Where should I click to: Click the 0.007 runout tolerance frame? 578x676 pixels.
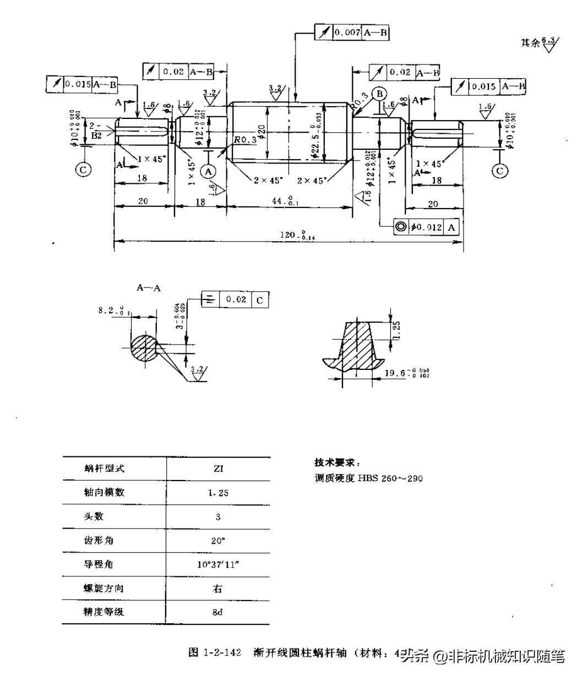coord(352,32)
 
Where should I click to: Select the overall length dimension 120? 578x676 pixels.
coord(291,236)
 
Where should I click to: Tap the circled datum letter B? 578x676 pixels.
coord(379,94)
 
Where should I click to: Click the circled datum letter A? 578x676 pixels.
coord(208,171)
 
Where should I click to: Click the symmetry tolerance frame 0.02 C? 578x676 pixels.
coord(235,299)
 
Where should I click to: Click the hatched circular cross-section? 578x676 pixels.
coord(144,347)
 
